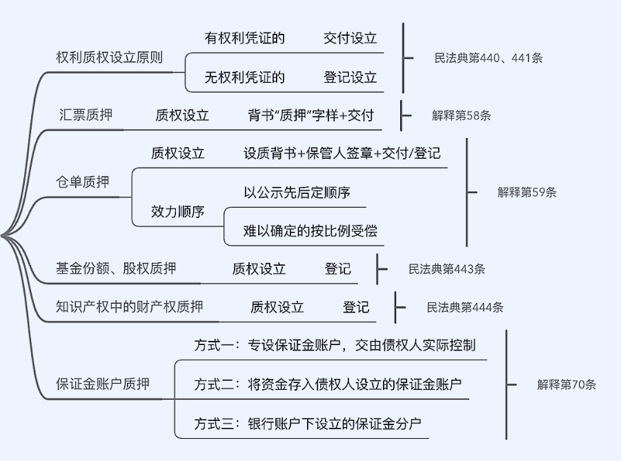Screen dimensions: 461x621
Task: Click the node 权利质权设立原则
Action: (x=109, y=57)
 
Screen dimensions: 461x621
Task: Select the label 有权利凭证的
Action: (x=245, y=38)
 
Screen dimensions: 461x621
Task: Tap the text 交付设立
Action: (x=351, y=38)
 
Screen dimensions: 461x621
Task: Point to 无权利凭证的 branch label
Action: (x=245, y=77)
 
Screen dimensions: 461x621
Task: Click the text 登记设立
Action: (x=351, y=77)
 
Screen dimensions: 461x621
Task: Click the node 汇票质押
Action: (x=86, y=115)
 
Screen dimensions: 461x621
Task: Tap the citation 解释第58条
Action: (x=462, y=115)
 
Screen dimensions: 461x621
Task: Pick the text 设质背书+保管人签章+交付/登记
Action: (x=342, y=153)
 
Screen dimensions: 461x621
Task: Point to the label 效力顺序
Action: (x=178, y=211)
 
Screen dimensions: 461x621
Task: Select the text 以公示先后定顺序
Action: (x=297, y=193)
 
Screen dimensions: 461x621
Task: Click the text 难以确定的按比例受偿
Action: (x=310, y=230)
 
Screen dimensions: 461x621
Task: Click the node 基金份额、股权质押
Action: (x=116, y=268)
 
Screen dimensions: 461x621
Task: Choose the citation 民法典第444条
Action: (x=465, y=307)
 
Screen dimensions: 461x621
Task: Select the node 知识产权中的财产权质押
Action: (x=130, y=306)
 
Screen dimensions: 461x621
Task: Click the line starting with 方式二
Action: (x=328, y=384)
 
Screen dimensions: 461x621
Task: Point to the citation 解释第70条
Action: (x=566, y=384)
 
